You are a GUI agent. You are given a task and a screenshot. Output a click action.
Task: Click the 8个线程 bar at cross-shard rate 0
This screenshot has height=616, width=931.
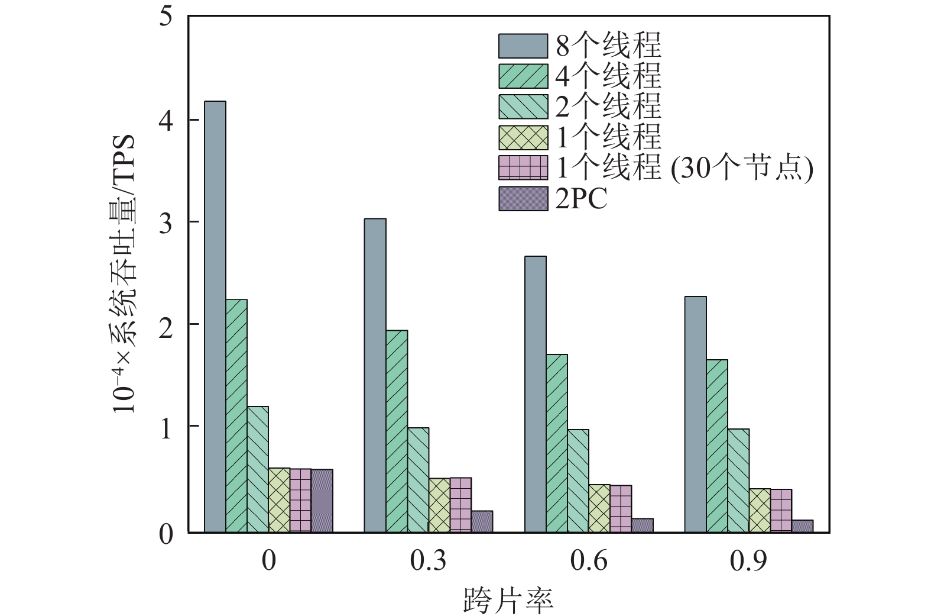point(215,317)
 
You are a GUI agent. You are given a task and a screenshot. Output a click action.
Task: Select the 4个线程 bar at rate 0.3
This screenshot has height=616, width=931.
point(397,431)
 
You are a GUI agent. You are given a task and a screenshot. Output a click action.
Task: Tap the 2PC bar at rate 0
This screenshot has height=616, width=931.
point(322,501)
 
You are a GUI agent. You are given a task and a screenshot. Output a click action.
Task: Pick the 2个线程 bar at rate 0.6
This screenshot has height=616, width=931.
point(578,481)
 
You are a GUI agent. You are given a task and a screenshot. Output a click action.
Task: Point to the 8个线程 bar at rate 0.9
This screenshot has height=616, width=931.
point(695,414)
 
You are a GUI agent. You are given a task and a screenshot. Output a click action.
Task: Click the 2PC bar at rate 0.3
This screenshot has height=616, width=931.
point(482,521)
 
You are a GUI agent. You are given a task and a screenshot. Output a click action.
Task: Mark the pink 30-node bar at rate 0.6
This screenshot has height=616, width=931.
point(621,509)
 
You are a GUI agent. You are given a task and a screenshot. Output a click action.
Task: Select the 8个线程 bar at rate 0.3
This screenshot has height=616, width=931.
point(375,376)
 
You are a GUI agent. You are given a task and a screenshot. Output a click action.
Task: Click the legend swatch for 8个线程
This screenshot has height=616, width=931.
point(523,46)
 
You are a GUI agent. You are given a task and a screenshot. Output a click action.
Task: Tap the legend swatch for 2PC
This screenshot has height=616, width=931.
point(523,199)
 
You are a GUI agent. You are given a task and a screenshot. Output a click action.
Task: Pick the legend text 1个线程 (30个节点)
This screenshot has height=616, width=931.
point(685,169)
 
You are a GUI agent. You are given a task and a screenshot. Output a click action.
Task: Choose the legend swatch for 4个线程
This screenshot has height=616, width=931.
point(523,76)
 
